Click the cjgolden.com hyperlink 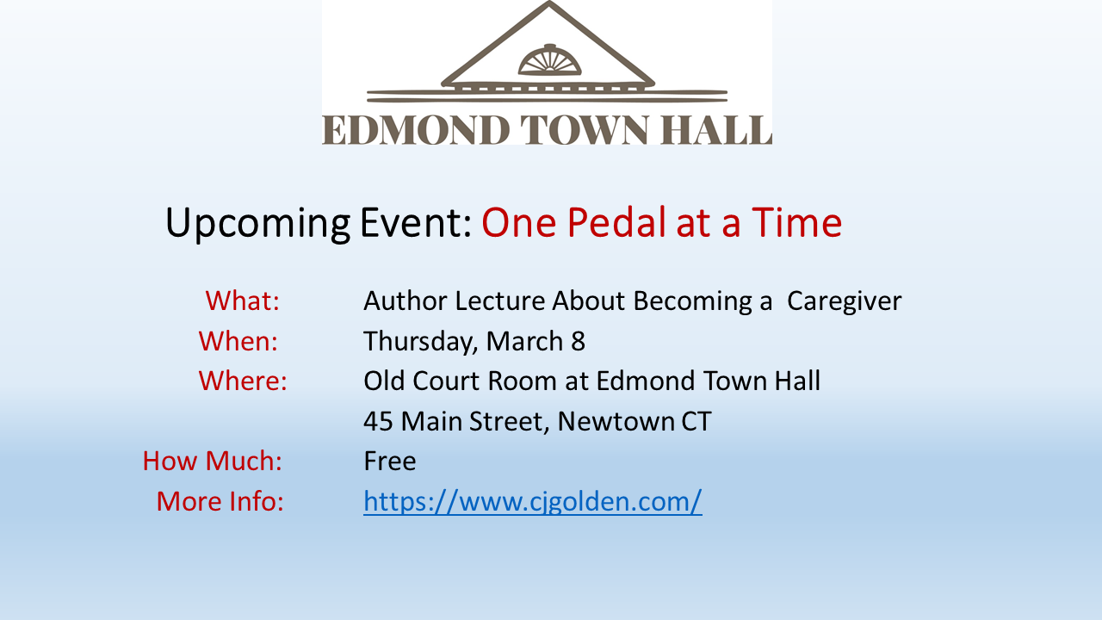(x=532, y=501)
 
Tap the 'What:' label (x=243, y=301)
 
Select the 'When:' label (x=238, y=340)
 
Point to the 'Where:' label (x=243, y=381)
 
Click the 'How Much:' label (x=212, y=461)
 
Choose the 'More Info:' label (x=220, y=501)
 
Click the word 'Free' (x=390, y=461)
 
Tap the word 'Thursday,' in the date (x=421, y=342)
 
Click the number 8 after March (x=578, y=341)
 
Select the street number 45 (x=378, y=421)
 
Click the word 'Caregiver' (x=845, y=301)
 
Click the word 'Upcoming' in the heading (x=257, y=224)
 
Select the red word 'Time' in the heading (x=797, y=222)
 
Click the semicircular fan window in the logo (x=549, y=61)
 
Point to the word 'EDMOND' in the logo (x=416, y=130)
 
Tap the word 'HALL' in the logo (x=716, y=130)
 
